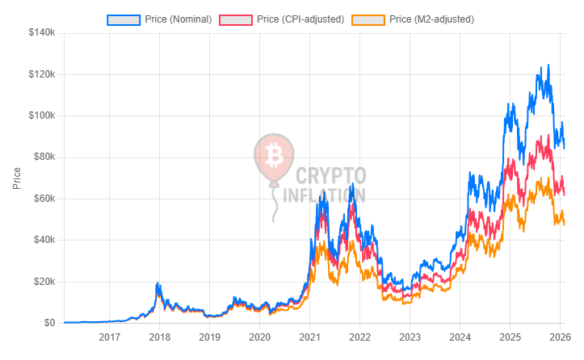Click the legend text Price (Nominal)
[179, 19]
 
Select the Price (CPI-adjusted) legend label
[299, 19]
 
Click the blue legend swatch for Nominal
[124, 19]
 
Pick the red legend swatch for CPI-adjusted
[243, 19]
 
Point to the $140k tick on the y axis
[40, 33]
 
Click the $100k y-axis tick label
[40, 115]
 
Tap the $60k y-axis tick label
[42, 199]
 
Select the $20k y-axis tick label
[42, 282]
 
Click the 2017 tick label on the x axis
[110, 337]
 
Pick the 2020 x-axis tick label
[259, 337]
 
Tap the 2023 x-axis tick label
[410, 337]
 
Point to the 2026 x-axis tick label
[559, 337]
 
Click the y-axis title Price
[17, 178]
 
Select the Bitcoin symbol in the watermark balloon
[273, 154]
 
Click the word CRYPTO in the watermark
[331, 174]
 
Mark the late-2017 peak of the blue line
[158, 283]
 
